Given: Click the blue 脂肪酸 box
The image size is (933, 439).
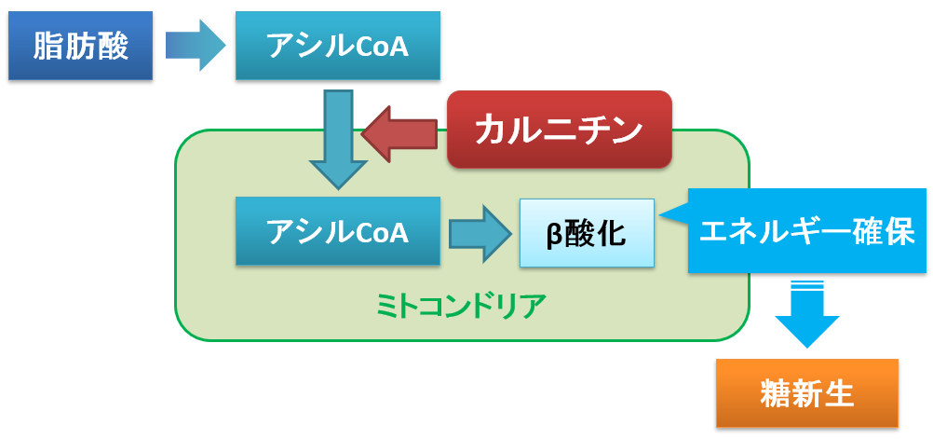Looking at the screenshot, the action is click(x=80, y=46).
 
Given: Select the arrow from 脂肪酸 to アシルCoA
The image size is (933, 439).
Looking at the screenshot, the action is click(x=196, y=46).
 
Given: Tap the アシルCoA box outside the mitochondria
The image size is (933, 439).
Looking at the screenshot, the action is click(x=337, y=46).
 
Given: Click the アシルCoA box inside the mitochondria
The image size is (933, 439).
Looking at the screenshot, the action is click(x=337, y=231).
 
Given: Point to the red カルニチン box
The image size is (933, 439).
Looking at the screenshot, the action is click(x=560, y=130).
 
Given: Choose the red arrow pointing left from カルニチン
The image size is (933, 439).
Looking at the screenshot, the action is click(x=399, y=134).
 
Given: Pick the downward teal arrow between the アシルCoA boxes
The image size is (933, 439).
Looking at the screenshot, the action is click(x=338, y=140).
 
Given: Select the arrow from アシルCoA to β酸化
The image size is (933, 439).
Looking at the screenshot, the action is click(x=480, y=233).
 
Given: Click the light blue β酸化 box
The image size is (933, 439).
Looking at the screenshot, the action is click(x=587, y=233).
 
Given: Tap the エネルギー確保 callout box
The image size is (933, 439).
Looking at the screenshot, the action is click(x=807, y=231).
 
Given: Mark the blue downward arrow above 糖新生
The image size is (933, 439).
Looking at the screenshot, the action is click(x=807, y=314).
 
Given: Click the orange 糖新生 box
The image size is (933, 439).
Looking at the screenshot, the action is click(x=807, y=393).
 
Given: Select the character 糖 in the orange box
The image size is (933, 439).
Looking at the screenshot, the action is click(x=776, y=393).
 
